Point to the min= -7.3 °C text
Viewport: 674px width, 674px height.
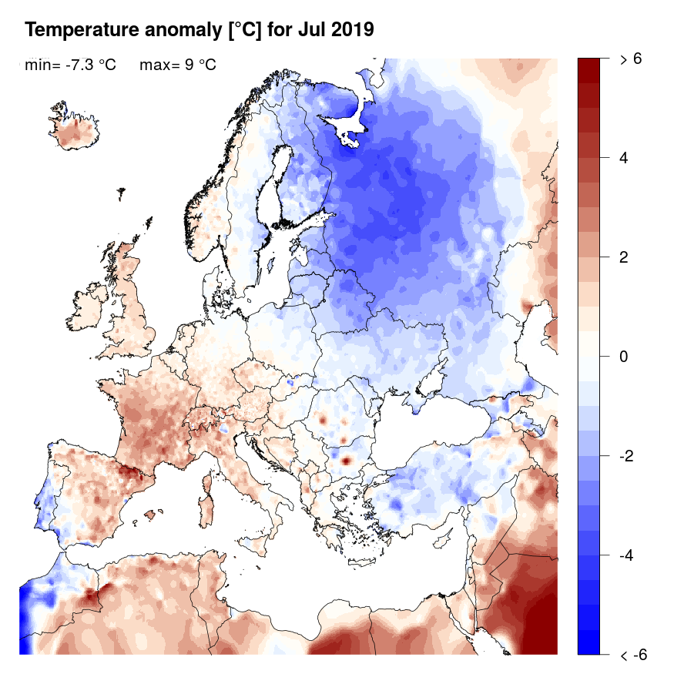click(70, 65)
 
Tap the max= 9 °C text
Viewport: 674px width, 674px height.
click(178, 65)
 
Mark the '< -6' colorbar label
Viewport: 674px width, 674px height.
click(633, 656)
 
